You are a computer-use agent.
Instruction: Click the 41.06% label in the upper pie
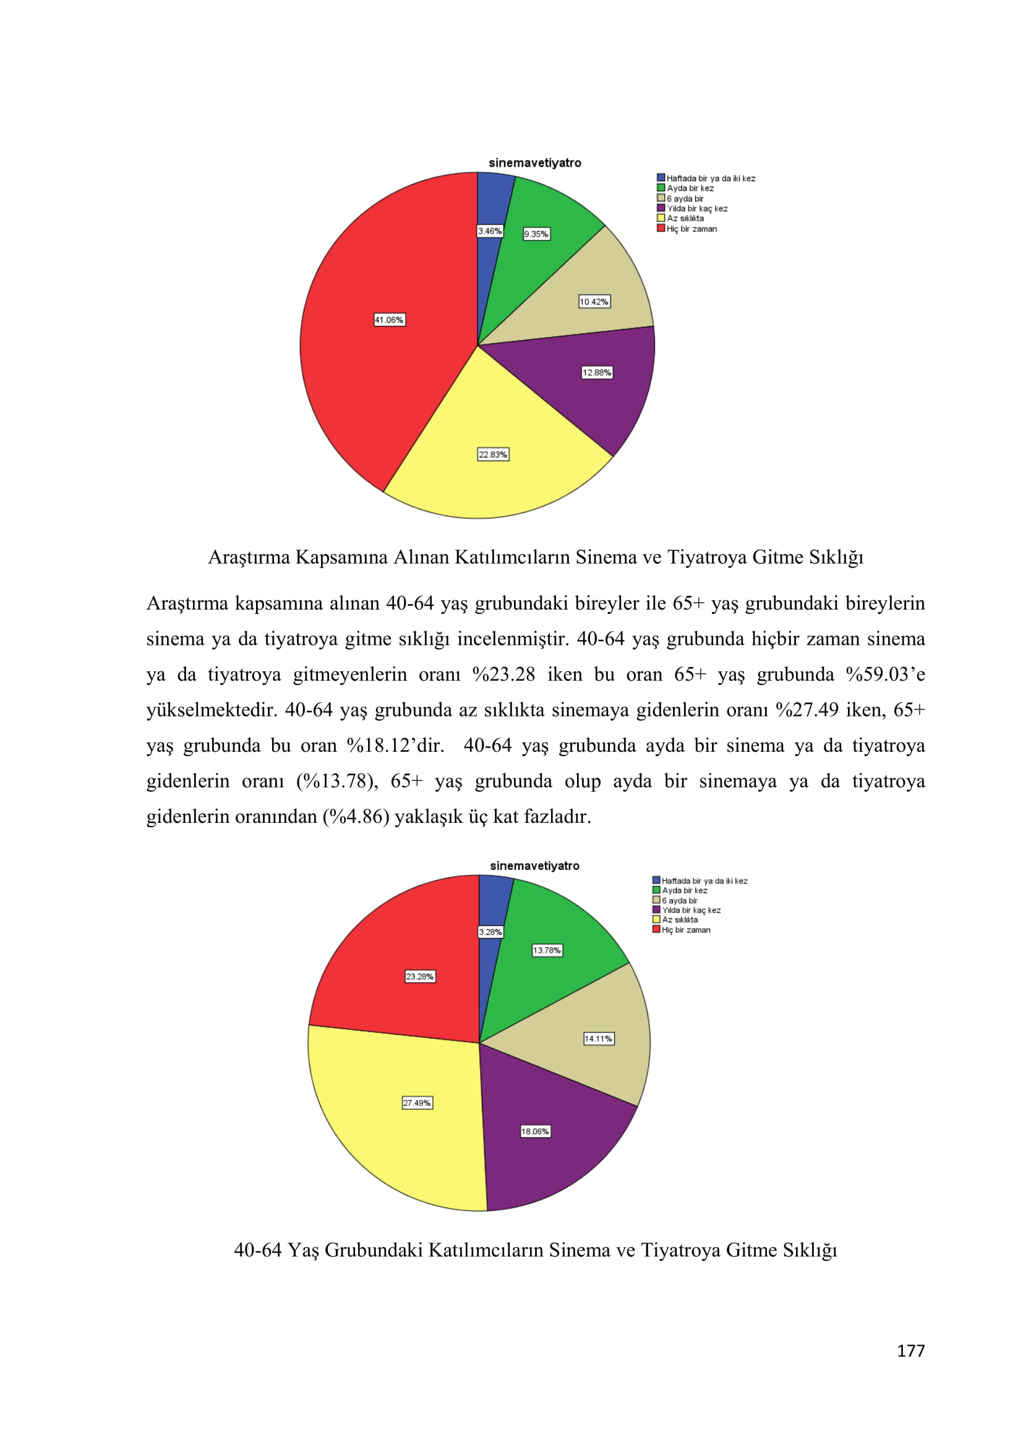(389, 320)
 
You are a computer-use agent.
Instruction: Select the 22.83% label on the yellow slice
(493, 454)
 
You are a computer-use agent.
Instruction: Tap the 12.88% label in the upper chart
(596, 372)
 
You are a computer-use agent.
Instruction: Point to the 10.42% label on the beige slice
(594, 302)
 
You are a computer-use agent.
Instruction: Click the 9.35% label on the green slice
(537, 234)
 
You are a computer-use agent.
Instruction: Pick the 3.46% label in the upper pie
(489, 231)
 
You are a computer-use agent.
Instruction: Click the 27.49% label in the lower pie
(417, 1103)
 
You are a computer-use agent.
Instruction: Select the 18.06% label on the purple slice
(536, 1131)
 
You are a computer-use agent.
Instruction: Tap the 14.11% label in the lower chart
(599, 1039)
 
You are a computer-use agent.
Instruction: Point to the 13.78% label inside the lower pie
(547, 950)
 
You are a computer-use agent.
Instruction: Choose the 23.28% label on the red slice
(419, 976)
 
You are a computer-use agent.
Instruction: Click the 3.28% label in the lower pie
(490, 932)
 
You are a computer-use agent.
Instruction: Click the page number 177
(910, 1351)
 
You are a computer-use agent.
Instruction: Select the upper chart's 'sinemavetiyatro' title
(535, 163)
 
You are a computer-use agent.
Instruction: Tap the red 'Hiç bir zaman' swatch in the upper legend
(661, 228)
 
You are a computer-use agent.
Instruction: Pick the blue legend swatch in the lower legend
(656, 880)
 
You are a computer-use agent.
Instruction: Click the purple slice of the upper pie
(599, 403)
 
